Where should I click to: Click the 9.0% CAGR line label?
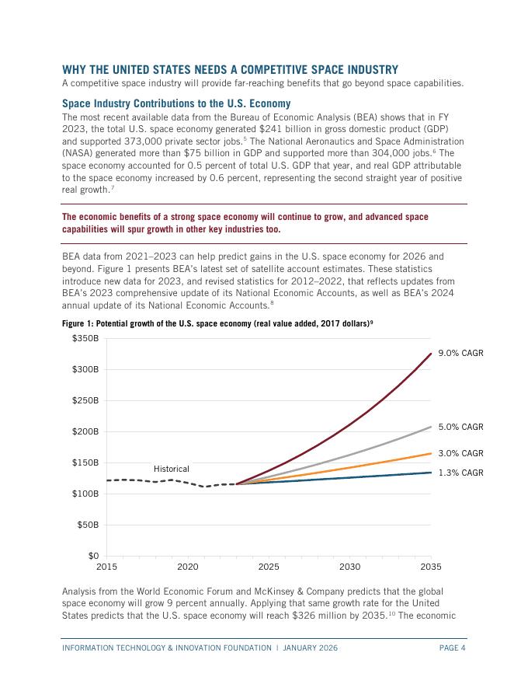tap(460, 353)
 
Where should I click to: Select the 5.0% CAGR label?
tap(460, 427)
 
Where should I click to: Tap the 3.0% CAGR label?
tap(460, 453)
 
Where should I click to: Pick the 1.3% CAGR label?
tap(460, 473)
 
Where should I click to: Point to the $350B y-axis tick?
tap(85, 338)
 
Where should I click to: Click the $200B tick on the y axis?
tap(85, 431)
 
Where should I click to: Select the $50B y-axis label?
tap(88, 525)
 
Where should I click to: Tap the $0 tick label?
tap(92, 556)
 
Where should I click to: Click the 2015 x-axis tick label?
tap(106, 567)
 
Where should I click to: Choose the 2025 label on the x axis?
tap(269, 567)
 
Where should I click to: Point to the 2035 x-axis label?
tap(431, 567)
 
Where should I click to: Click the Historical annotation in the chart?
tap(171, 469)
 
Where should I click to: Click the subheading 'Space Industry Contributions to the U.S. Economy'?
tap(176, 103)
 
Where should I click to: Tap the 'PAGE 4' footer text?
tap(450, 647)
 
